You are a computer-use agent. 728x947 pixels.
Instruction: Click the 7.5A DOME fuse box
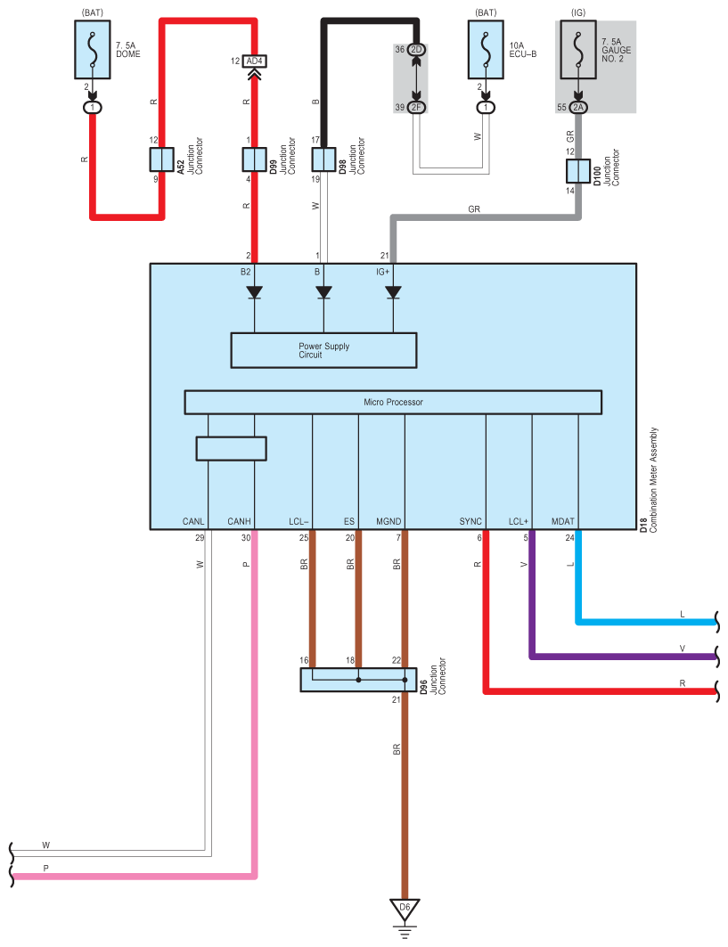point(93,50)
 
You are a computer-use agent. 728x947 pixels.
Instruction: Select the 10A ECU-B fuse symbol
point(486,50)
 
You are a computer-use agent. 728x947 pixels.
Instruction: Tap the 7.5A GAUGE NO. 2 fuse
point(578,50)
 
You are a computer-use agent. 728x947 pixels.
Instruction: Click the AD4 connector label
point(254,61)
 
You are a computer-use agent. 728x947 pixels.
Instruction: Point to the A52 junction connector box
point(162,159)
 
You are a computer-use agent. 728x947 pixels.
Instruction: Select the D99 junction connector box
point(254,159)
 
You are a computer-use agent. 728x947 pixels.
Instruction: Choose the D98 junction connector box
point(323,159)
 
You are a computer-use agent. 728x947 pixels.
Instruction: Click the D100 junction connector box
point(578,171)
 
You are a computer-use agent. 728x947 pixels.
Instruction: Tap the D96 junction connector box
point(358,680)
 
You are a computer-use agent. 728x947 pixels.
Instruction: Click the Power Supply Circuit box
point(323,350)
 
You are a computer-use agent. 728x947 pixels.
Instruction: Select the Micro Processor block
point(393,403)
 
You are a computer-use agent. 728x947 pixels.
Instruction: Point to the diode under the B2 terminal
point(254,292)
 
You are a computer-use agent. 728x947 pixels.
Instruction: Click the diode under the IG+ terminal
point(393,292)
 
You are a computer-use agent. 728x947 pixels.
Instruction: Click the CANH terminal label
point(239,521)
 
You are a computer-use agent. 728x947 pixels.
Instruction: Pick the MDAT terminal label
point(562,521)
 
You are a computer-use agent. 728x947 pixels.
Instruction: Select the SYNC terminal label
point(470,521)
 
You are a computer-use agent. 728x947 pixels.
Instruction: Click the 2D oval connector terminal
point(416,50)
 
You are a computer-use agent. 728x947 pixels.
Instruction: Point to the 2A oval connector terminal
point(578,108)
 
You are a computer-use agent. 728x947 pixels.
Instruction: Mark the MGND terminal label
point(389,521)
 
